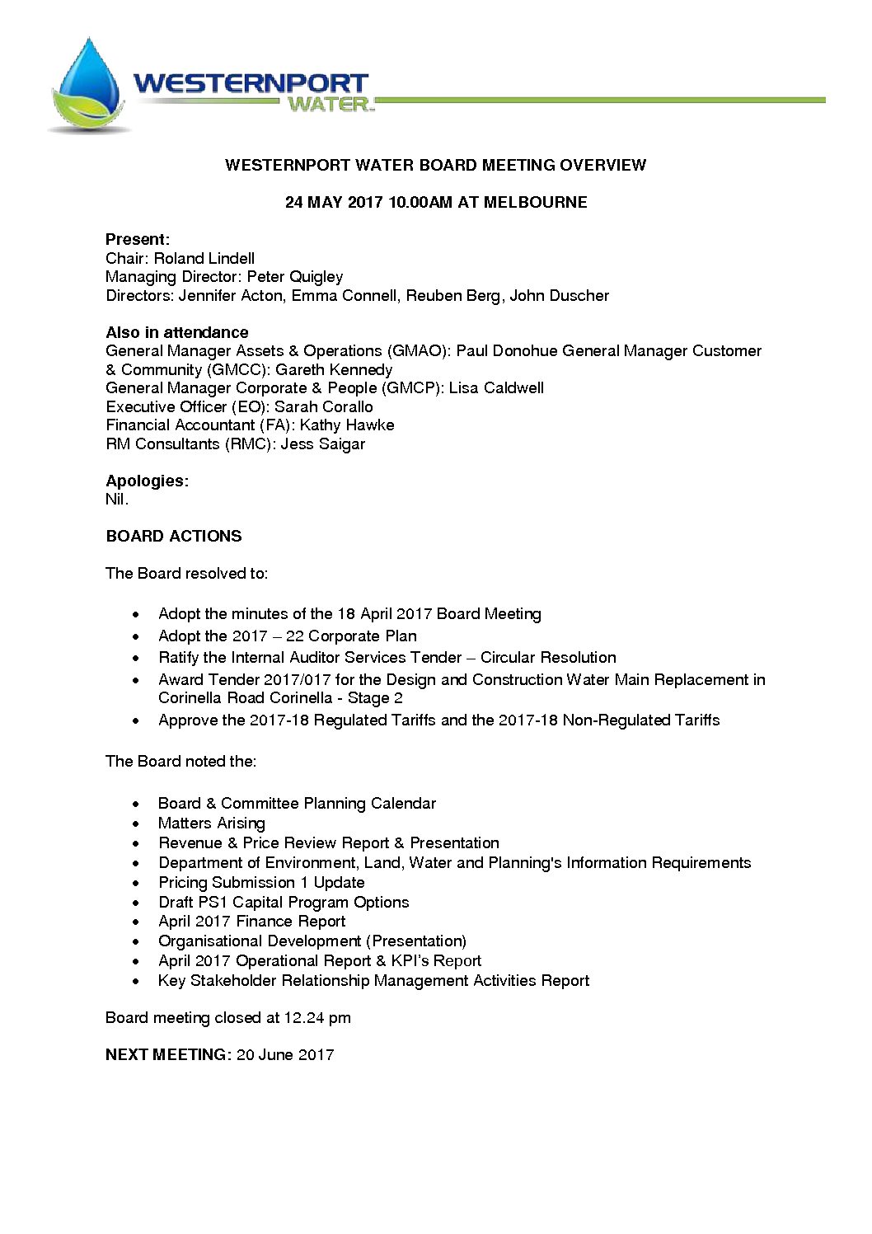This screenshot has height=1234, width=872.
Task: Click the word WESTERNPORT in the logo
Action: [x=251, y=84]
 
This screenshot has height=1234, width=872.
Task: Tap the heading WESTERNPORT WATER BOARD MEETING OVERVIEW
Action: [x=435, y=165]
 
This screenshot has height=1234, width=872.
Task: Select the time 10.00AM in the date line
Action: [x=420, y=203]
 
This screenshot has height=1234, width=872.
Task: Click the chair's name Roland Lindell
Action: [x=204, y=259]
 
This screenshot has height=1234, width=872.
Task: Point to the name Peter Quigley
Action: [x=295, y=277]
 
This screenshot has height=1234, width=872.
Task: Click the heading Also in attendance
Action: [x=177, y=333]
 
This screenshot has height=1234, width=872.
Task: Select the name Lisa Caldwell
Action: [x=496, y=388]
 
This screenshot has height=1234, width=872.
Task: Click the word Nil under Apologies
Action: [x=116, y=500]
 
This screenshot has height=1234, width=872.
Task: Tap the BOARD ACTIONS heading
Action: [x=174, y=537]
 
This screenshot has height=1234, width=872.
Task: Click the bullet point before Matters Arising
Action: [x=136, y=823]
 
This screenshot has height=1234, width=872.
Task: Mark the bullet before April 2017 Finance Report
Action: [x=136, y=922]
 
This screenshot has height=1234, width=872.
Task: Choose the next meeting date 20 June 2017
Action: [x=285, y=1055]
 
